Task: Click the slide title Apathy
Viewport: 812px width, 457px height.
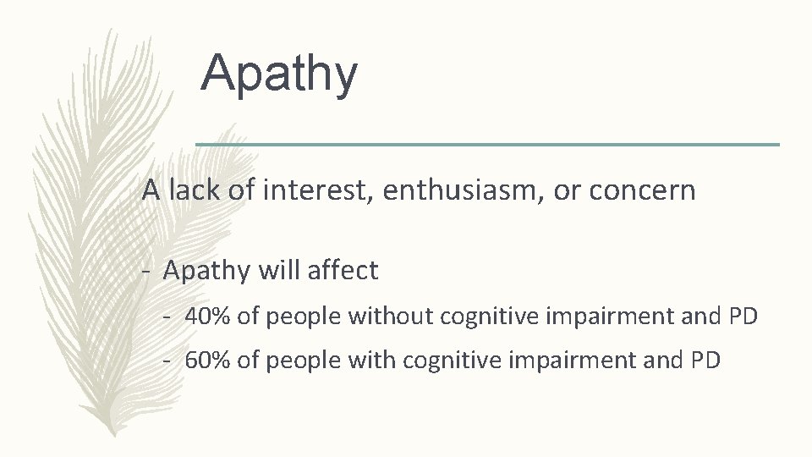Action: pos(279,74)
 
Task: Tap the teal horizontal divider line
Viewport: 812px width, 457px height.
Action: pos(487,145)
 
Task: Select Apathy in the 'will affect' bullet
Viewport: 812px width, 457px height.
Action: pos(206,272)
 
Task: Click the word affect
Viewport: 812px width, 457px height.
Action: pos(341,271)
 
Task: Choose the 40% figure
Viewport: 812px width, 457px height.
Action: pos(206,317)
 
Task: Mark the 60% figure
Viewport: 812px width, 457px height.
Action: pos(206,361)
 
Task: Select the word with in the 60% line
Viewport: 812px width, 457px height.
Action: pos(373,361)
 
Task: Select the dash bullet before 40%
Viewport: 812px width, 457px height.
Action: pos(169,317)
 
